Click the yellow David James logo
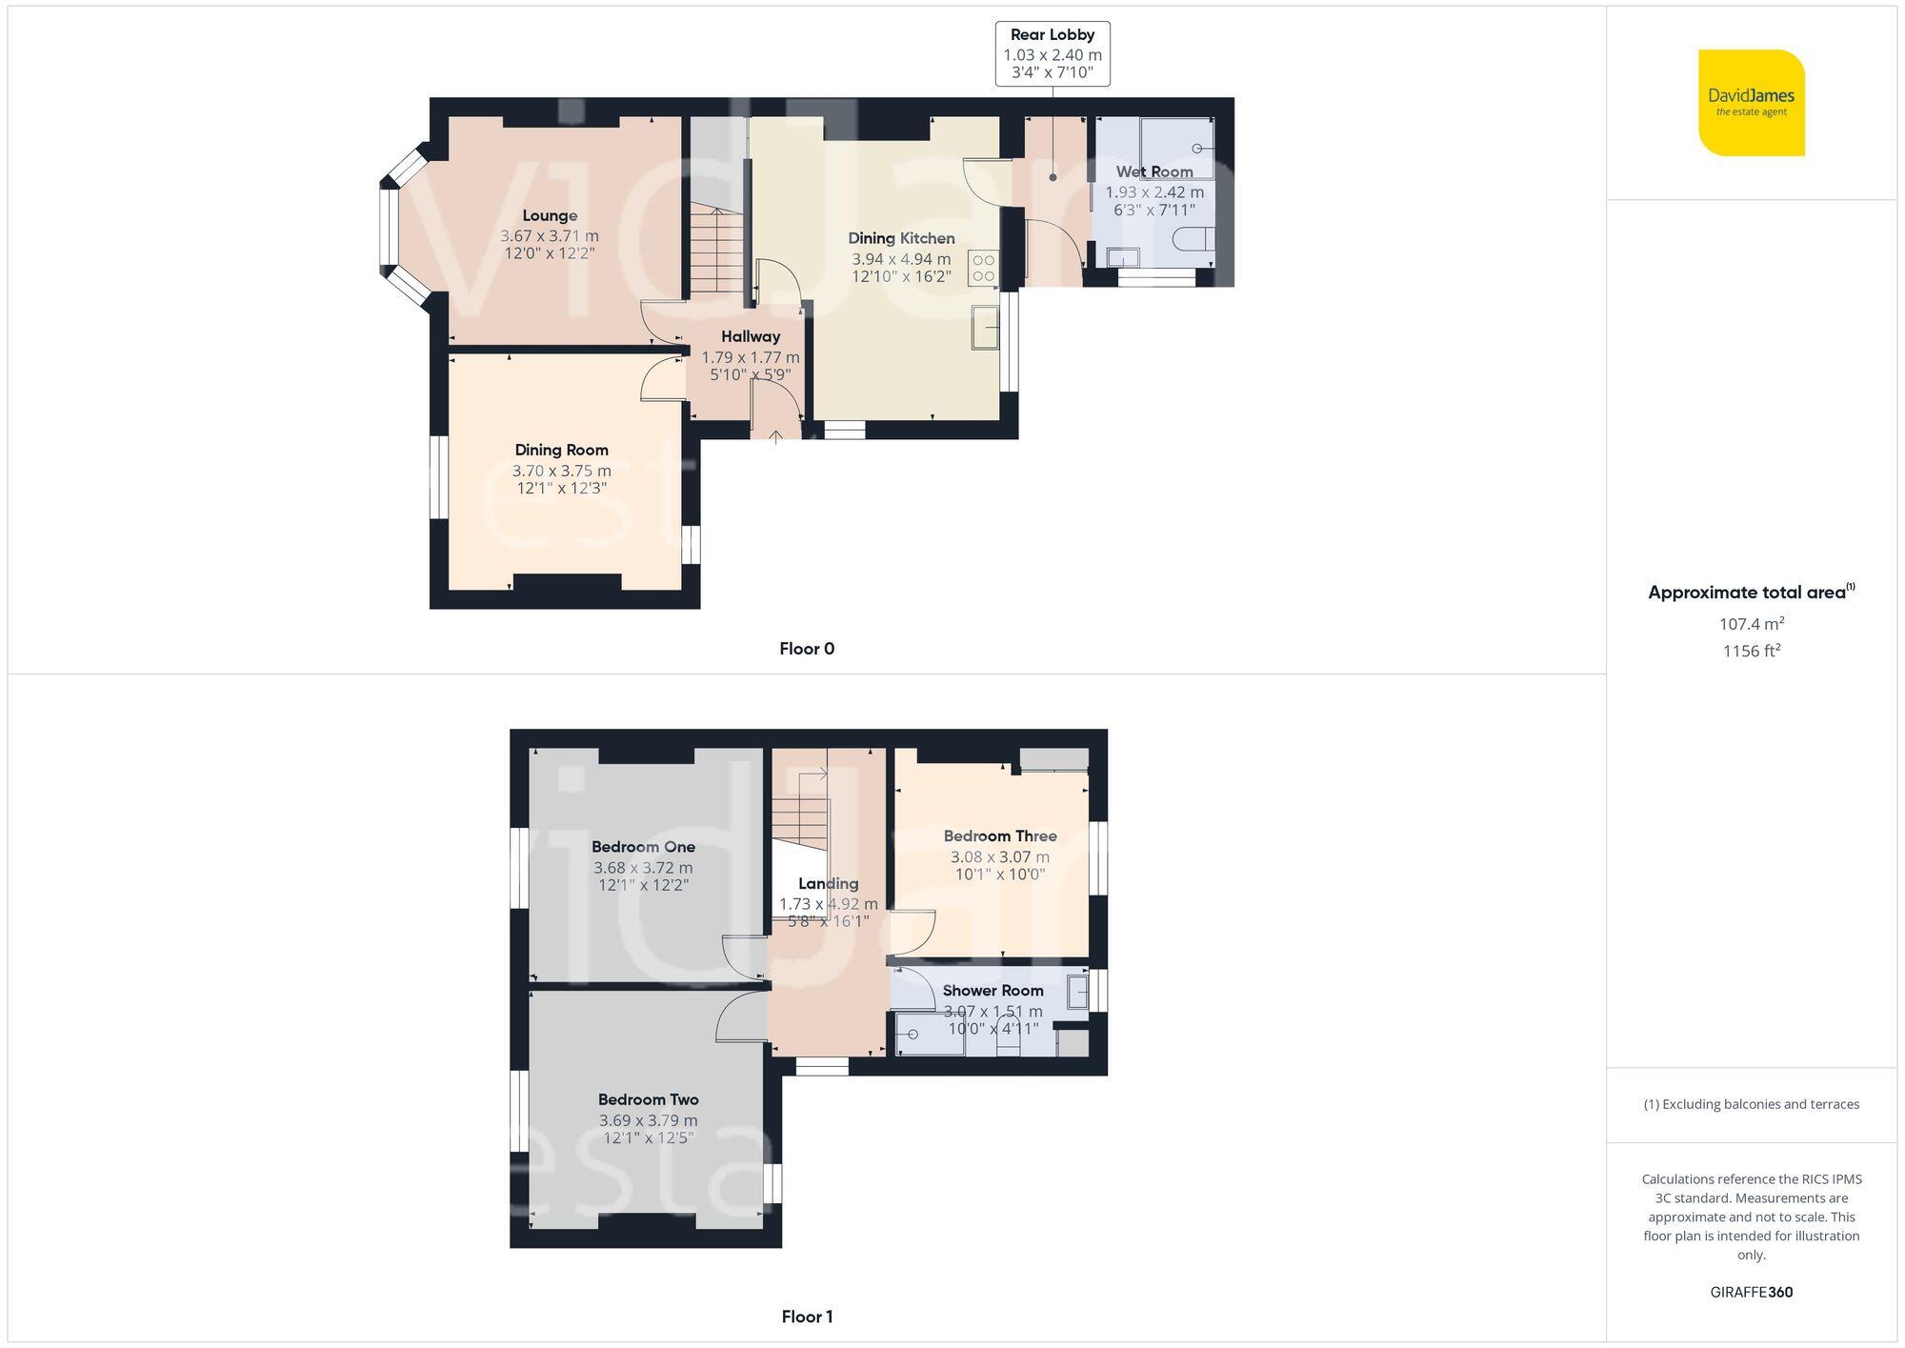[1751, 103]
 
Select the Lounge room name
[550, 216]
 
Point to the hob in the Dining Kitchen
[983, 268]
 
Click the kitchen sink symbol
[985, 328]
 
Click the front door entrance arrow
[776, 436]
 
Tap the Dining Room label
[561, 450]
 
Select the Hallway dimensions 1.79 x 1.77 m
[751, 358]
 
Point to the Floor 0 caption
[807, 649]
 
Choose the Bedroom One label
[643, 847]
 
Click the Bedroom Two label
[648, 1099]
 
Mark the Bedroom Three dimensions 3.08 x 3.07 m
[1000, 857]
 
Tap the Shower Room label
[993, 991]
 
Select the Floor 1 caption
[807, 1317]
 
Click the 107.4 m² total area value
[1751, 624]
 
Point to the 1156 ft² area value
[1751, 652]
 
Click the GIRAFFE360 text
[1751, 1293]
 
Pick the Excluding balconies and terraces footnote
[1751, 1104]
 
